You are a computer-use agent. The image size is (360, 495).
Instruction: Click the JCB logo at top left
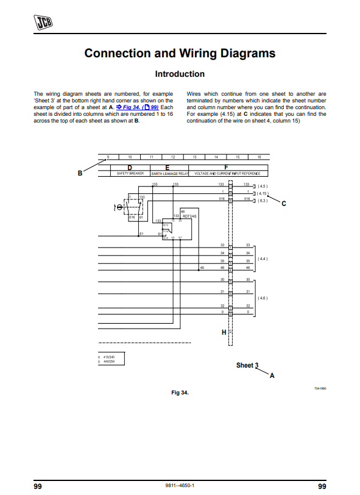(43, 23)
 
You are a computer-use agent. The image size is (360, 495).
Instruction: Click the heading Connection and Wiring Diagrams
(180, 53)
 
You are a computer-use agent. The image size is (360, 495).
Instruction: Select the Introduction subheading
(180, 74)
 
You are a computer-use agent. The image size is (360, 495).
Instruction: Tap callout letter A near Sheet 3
(272, 376)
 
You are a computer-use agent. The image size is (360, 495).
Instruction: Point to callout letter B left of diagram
(80, 173)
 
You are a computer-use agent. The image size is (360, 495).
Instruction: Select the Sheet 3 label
(247, 366)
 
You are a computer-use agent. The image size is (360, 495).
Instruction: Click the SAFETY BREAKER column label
(129, 174)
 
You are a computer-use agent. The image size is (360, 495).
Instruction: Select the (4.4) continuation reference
(263, 258)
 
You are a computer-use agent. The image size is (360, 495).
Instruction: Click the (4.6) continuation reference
(263, 297)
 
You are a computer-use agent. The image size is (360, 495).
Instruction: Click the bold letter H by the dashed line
(224, 332)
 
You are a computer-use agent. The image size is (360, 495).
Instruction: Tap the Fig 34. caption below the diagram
(180, 393)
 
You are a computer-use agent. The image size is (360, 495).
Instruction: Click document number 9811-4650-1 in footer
(180, 486)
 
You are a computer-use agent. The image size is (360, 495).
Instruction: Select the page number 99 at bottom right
(322, 486)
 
